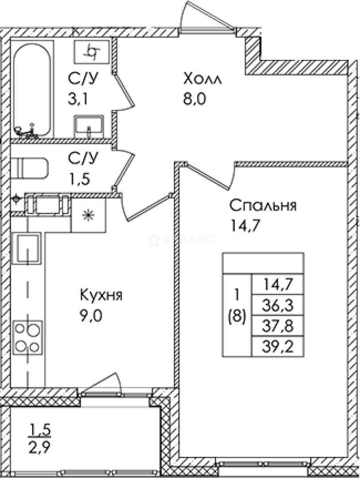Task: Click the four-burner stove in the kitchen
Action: [x=27, y=337]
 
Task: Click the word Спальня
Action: [x=263, y=206]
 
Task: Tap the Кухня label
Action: [x=101, y=295]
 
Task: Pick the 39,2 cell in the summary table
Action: [x=277, y=347]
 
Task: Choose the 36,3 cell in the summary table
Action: [x=277, y=305]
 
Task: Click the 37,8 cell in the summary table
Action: [x=277, y=326]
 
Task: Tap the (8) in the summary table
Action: [x=237, y=318]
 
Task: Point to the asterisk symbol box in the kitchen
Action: [x=89, y=216]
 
